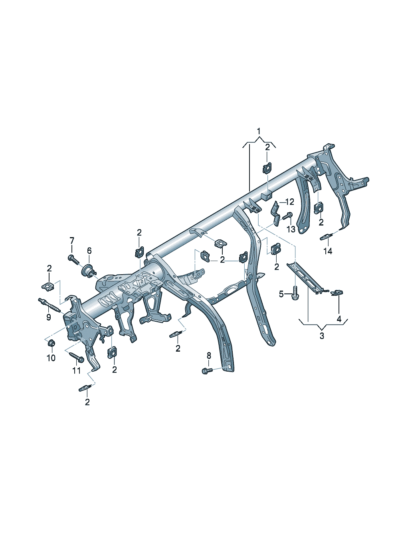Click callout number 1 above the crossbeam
point(259,131)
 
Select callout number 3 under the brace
point(322,336)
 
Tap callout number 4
point(339,319)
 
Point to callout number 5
point(281,294)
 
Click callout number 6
point(89,250)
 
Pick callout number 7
point(72,241)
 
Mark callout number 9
point(48,317)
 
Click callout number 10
point(51,358)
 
